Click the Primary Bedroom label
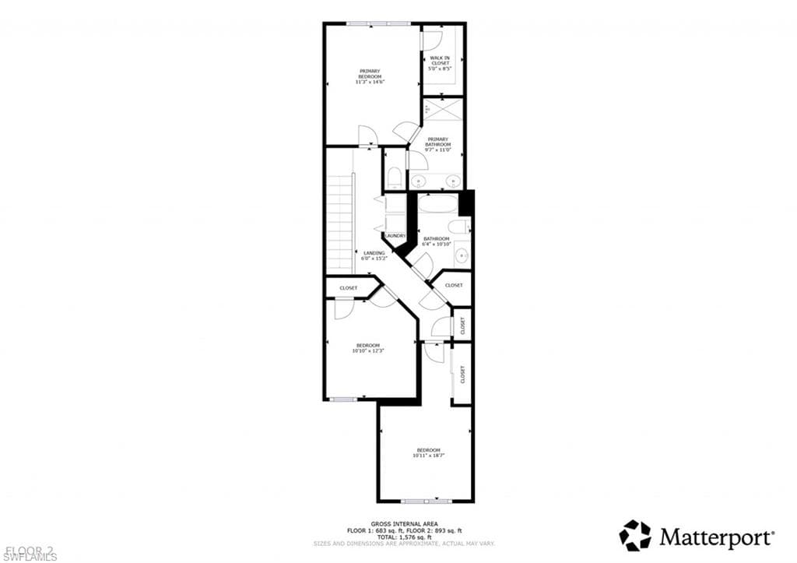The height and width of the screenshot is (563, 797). point(370,76)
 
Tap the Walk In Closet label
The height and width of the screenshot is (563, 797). point(441,63)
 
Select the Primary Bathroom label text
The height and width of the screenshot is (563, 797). point(437,144)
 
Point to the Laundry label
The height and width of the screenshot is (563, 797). point(395,236)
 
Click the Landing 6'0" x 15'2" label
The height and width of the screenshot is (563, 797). point(374,255)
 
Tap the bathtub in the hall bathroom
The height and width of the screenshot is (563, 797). point(437,205)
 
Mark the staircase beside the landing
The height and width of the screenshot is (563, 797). point(340,224)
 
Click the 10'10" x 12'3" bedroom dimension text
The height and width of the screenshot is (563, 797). point(368,350)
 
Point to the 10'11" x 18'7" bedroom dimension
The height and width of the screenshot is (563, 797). point(428,456)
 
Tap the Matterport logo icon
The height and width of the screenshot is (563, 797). point(634,536)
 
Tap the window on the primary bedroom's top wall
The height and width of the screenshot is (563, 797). point(379,24)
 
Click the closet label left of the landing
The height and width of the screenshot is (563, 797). point(348,288)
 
